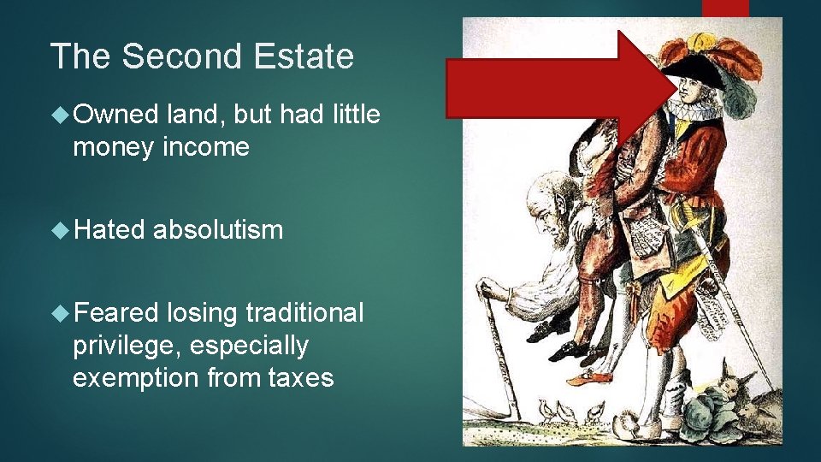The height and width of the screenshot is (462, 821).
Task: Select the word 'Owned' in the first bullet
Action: click(115, 115)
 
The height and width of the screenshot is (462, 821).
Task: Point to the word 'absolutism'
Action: click(218, 229)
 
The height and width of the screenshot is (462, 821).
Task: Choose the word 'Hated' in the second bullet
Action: click(107, 229)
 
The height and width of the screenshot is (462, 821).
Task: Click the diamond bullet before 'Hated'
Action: click(59, 230)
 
